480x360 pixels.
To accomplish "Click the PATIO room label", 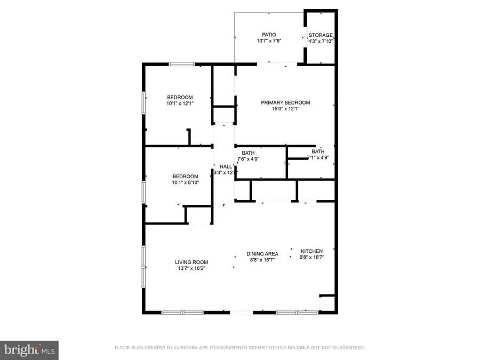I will tap(269, 35).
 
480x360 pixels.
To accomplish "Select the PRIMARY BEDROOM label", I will tap(285, 102).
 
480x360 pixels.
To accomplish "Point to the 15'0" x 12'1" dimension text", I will tap(285, 109).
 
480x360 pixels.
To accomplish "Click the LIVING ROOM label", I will tap(191, 262).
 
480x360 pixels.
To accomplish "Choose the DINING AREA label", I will tap(263, 254).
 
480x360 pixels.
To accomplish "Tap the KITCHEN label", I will tap(312, 251).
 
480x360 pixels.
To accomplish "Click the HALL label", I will tap(226, 166).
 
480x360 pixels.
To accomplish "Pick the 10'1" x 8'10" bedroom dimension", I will tap(185, 183).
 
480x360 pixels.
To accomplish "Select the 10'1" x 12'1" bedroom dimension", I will tap(180, 103).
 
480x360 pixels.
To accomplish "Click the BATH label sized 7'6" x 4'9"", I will tap(248, 153).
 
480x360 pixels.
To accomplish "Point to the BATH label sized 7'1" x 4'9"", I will tap(318, 151).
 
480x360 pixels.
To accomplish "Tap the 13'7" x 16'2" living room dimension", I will tap(191, 268).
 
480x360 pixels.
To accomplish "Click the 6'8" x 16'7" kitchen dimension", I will tap(312, 257).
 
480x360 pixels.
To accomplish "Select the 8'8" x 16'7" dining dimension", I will tap(263, 260).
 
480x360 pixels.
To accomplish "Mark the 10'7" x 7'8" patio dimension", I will tap(269, 41).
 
